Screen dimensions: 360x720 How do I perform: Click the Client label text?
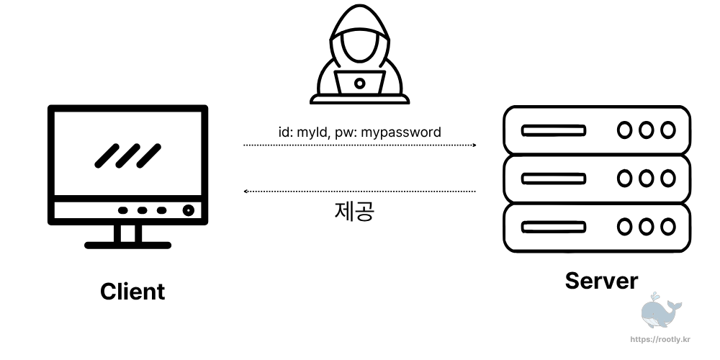(x=132, y=292)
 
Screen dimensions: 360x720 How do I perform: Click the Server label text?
(x=601, y=280)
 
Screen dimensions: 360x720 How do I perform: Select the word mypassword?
(x=400, y=132)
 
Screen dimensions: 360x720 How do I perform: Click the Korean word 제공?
(x=354, y=210)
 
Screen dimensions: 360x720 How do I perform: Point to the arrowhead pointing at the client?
(x=247, y=192)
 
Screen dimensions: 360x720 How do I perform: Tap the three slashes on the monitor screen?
(x=128, y=155)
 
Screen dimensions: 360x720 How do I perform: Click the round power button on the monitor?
(x=188, y=211)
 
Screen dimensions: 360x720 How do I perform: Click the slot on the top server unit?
(x=553, y=131)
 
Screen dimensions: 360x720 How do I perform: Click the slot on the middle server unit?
(x=553, y=179)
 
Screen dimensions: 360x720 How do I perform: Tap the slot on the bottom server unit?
(x=553, y=227)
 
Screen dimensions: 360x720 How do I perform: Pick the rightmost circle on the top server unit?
(x=668, y=130)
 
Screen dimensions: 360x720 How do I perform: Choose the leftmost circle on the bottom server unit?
(x=625, y=227)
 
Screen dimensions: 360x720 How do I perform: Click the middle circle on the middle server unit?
(x=647, y=179)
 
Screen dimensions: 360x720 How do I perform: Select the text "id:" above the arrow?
(x=286, y=132)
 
